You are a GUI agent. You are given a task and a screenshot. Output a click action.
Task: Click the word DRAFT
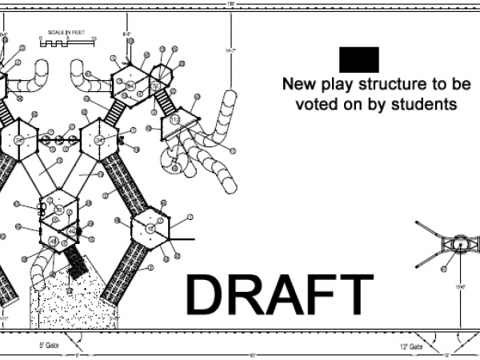click(x=280, y=294)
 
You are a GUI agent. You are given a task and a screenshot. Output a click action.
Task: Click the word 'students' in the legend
click(x=421, y=104)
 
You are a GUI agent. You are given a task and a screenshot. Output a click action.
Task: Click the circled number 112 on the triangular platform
click(x=174, y=120)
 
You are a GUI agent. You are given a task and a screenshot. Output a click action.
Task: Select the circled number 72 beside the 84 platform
click(x=156, y=86)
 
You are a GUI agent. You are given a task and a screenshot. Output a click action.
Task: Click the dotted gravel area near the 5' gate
click(x=68, y=296)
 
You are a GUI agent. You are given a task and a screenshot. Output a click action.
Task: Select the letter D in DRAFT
click(x=206, y=294)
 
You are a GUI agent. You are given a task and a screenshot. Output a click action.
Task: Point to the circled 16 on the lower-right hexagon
click(x=150, y=230)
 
